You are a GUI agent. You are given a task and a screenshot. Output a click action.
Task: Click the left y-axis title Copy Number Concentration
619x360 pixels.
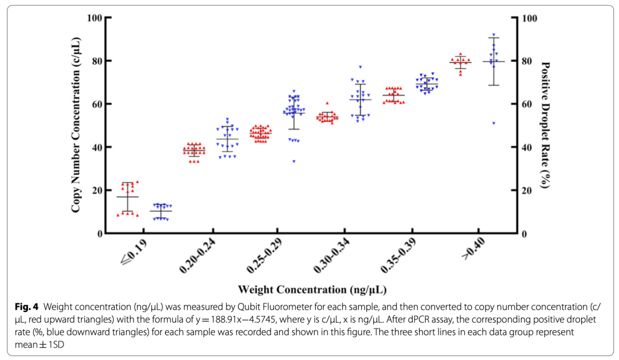[x=76, y=125]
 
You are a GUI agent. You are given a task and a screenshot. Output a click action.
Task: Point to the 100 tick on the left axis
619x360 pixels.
[x=95, y=17]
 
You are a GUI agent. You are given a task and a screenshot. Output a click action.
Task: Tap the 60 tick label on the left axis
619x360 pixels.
[x=97, y=104]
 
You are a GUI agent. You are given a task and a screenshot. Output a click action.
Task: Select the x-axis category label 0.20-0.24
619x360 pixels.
[x=196, y=256]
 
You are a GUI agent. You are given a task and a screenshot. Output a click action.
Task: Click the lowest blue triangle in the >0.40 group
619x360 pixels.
[x=493, y=123]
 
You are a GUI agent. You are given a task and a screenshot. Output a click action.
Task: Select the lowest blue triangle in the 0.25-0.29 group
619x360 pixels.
[x=294, y=161]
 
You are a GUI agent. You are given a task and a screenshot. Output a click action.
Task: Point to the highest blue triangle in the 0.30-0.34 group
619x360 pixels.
[x=360, y=67]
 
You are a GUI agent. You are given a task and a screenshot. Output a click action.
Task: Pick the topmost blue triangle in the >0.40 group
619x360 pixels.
[x=493, y=35]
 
